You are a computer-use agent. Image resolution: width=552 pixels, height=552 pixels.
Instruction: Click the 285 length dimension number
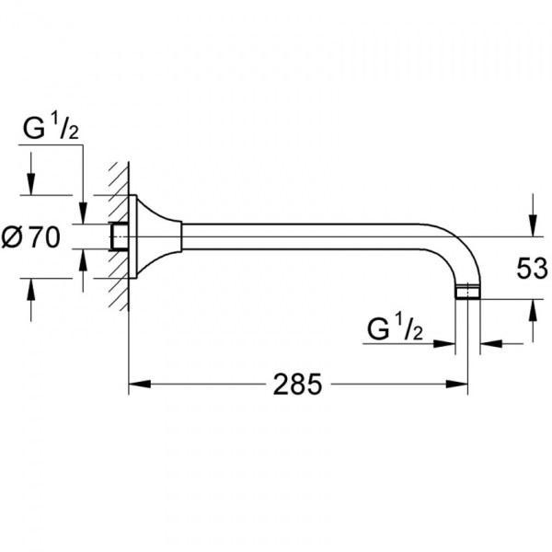(x=296, y=384)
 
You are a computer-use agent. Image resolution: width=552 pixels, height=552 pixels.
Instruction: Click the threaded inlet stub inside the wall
(x=118, y=237)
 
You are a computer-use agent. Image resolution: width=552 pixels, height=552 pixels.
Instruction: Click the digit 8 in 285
(x=296, y=384)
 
